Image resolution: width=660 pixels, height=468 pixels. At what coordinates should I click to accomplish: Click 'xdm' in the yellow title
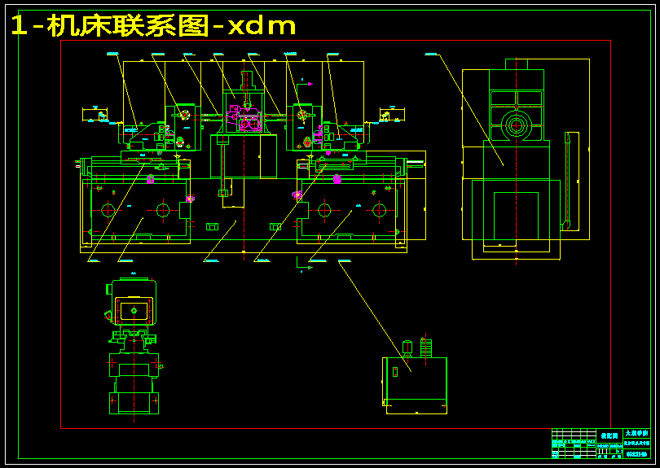pyautogui.click(x=262, y=26)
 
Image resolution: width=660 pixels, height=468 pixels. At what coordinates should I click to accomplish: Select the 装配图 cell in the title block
pyautogui.click(x=609, y=435)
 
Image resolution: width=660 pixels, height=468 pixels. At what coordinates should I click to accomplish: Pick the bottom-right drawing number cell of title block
pyautogui.click(x=636, y=453)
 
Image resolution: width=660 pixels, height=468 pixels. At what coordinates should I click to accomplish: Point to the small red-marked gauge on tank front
pyautogui.click(x=394, y=372)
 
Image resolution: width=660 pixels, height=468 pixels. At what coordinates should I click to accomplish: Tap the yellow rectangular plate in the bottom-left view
pyautogui.click(x=133, y=310)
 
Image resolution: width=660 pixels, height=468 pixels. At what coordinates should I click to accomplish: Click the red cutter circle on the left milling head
pyautogui.click(x=185, y=115)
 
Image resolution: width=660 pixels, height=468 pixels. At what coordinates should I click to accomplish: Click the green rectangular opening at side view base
pyautogui.click(x=516, y=215)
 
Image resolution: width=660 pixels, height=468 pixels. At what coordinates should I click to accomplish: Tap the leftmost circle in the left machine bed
pyautogui.click(x=108, y=210)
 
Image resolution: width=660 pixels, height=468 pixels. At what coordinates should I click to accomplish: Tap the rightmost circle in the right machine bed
pyautogui.click(x=378, y=210)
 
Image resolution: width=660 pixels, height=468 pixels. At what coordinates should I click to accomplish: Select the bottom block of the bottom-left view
pyautogui.click(x=134, y=402)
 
